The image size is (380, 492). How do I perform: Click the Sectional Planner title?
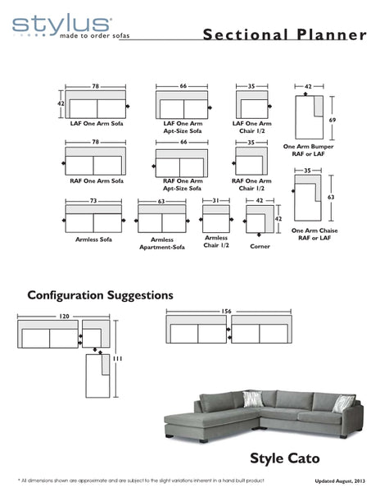point(283,34)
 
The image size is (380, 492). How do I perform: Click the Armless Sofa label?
point(93,239)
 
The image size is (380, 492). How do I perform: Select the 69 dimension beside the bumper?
point(332,119)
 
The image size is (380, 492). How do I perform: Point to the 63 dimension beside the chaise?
point(332,198)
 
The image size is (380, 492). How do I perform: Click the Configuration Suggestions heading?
point(100,294)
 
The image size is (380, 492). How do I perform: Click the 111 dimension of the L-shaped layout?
point(120,359)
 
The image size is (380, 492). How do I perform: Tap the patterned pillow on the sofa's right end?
point(345,402)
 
